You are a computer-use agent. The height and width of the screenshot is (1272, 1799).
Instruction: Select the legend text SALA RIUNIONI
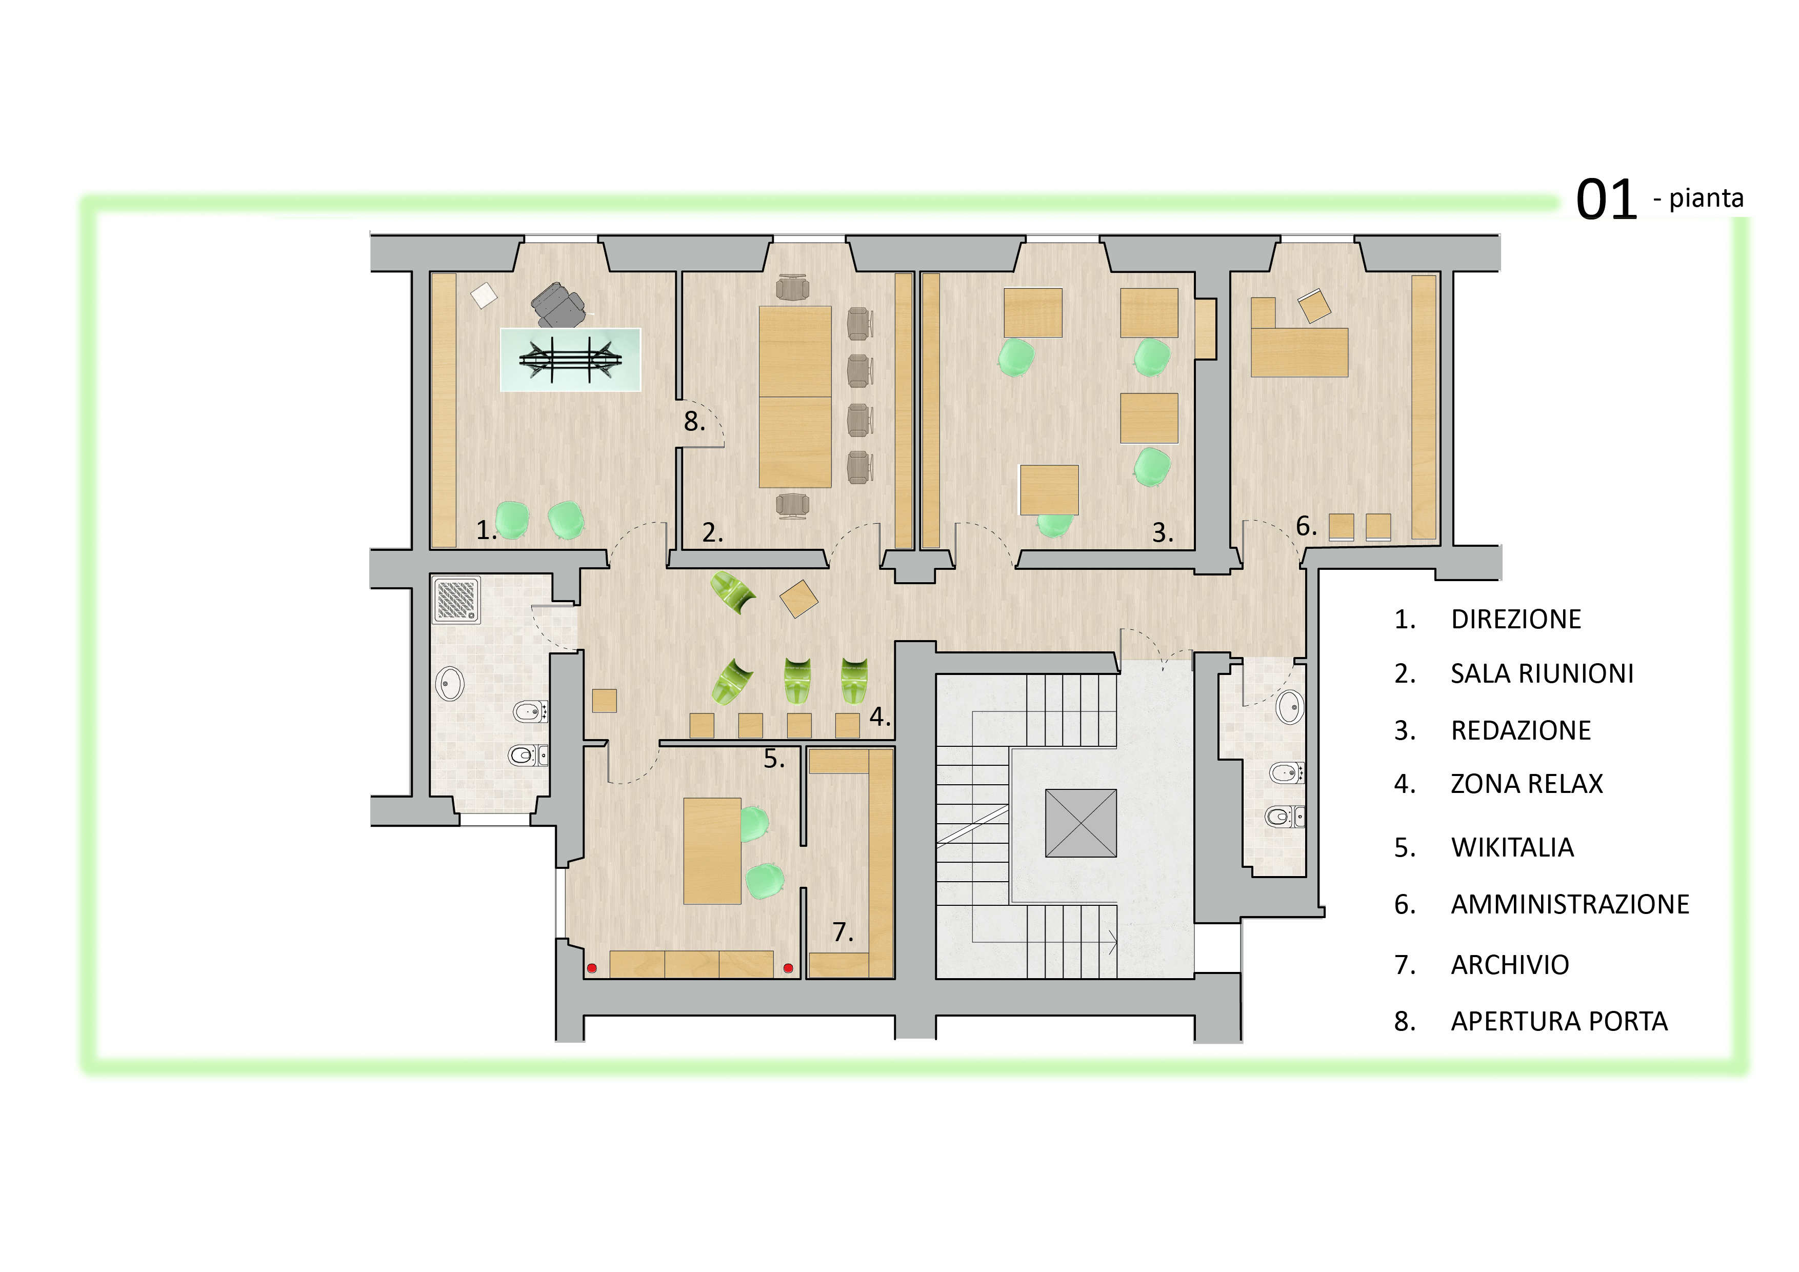1541,673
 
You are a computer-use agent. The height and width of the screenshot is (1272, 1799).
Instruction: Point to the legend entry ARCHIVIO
1509,965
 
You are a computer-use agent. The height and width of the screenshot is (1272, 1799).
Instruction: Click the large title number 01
1606,200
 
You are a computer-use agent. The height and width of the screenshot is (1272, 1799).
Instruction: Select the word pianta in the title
1706,198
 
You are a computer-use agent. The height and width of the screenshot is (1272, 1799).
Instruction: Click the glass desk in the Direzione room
570,360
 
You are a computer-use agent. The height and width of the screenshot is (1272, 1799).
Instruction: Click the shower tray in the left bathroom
456,600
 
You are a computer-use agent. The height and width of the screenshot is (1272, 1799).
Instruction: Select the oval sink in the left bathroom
450,683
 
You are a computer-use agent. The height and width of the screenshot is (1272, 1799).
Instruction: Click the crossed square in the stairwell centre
1081,823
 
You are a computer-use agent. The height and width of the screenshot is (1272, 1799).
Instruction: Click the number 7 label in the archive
842,932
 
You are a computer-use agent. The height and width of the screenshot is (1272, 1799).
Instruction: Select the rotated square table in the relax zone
798,599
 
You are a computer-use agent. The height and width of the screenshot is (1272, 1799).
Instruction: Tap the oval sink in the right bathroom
1289,706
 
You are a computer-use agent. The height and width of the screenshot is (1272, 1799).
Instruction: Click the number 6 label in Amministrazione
1305,526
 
